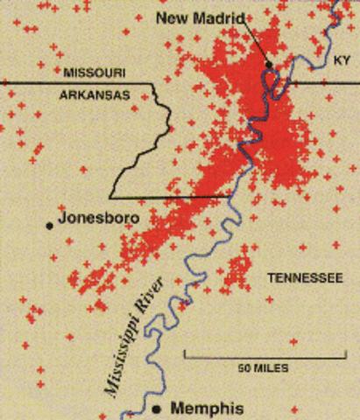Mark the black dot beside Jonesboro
tap(50, 225)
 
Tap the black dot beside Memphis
tap(157, 409)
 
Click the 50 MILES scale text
tap(263, 368)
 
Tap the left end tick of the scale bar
tap(185, 355)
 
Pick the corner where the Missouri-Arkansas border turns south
tap(155, 85)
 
